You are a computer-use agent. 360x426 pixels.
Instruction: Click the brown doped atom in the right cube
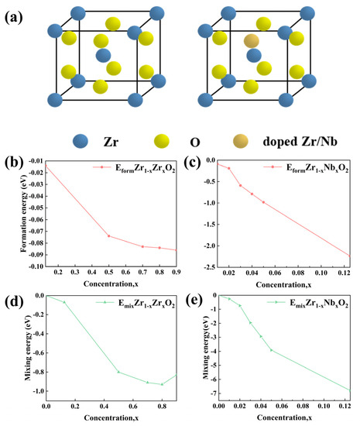[251, 41]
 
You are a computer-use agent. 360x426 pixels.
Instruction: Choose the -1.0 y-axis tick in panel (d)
[35, 391]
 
